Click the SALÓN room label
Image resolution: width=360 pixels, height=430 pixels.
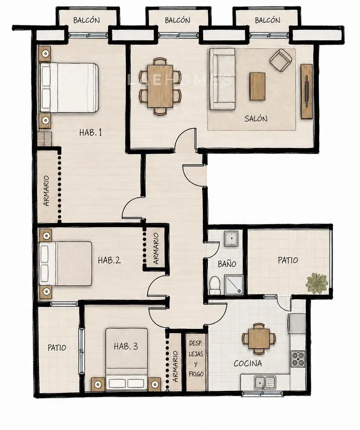click(256, 119)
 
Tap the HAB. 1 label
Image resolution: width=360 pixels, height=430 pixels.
click(91, 133)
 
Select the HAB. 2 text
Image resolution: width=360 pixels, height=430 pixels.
click(109, 260)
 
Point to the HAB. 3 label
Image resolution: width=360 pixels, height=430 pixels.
click(126, 346)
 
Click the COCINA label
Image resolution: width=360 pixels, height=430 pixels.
click(248, 364)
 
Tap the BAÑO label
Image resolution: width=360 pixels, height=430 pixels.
click(227, 264)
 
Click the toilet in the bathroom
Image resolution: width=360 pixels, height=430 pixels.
click(214, 286)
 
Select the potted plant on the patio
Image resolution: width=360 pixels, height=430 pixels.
click(317, 283)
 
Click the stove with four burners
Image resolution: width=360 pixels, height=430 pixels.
click(298, 359)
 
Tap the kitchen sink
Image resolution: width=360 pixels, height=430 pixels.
click(265, 382)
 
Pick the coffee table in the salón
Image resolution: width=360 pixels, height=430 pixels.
click(257, 86)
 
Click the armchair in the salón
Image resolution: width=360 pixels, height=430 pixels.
click(281, 60)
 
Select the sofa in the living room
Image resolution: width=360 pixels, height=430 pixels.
click(222, 79)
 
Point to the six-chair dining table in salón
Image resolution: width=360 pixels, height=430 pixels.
click(160, 86)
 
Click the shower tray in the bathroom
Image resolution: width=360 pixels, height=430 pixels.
click(234, 285)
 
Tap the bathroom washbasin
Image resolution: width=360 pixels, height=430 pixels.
click(232, 238)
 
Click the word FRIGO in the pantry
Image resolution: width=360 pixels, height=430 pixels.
click(196, 374)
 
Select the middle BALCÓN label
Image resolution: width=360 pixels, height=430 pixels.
click(177, 20)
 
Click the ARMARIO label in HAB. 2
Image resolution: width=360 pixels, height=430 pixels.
click(156, 249)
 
